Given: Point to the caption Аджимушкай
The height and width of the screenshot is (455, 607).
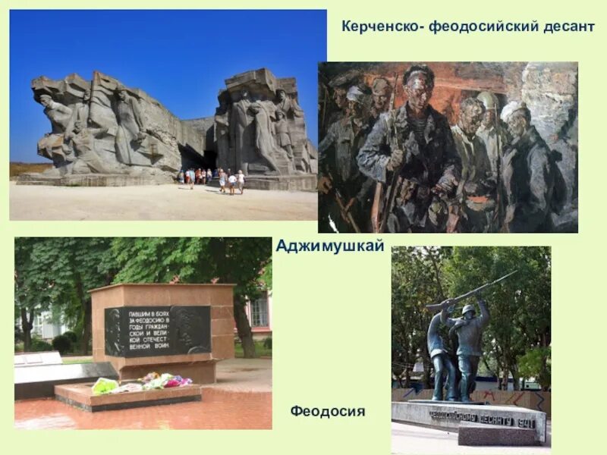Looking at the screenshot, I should (x=330, y=246).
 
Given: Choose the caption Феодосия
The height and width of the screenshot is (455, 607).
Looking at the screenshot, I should (x=327, y=412).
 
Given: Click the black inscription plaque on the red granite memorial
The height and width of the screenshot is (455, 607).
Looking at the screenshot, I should (x=157, y=331).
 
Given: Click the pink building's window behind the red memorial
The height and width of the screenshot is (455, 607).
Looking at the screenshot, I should (x=259, y=311).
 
